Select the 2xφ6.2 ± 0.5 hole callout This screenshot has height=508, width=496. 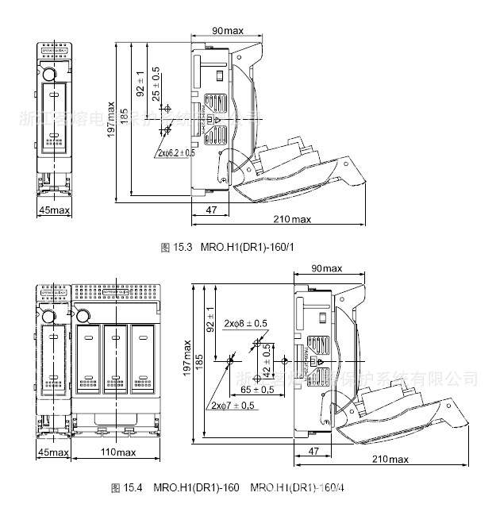coord(176,152)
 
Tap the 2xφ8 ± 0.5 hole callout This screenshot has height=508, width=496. coord(244,323)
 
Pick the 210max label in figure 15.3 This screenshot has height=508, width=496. coord(292,218)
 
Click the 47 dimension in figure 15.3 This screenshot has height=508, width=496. coord(211,209)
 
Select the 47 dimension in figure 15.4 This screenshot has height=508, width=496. coord(314,450)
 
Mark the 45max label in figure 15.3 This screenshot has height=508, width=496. coord(54,210)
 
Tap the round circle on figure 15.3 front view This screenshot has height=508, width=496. coord(49,75)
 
